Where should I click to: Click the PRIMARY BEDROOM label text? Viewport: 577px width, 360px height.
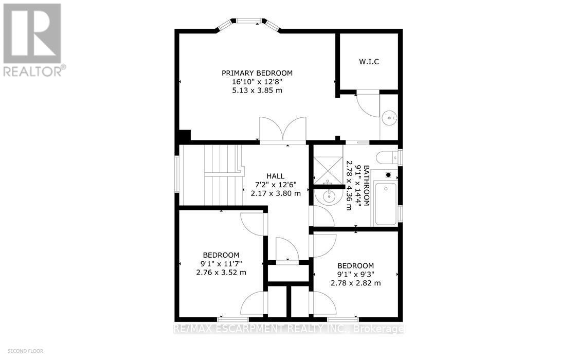point(257,73)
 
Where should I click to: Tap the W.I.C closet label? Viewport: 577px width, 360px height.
point(369,62)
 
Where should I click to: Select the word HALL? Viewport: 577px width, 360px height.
point(276,176)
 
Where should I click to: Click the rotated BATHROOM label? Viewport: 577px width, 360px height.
point(366,186)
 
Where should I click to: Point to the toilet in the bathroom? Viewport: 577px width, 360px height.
point(386,157)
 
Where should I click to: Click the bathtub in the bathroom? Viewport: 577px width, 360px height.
point(385,203)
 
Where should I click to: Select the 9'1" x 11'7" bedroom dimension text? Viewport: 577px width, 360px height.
point(221,264)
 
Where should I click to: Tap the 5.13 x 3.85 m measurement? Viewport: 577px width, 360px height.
point(257,91)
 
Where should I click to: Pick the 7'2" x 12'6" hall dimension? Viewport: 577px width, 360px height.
point(276,185)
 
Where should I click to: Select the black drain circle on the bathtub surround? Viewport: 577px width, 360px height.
point(388,175)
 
